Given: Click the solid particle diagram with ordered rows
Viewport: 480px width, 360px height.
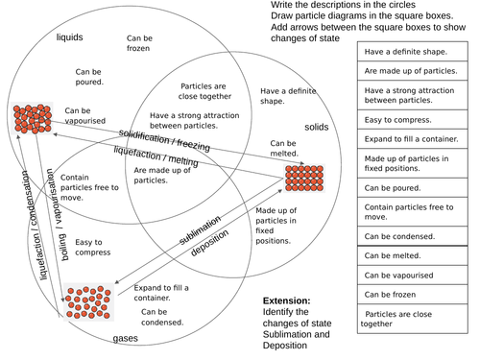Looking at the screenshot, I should pyautogui.click(x=305, y=179).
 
